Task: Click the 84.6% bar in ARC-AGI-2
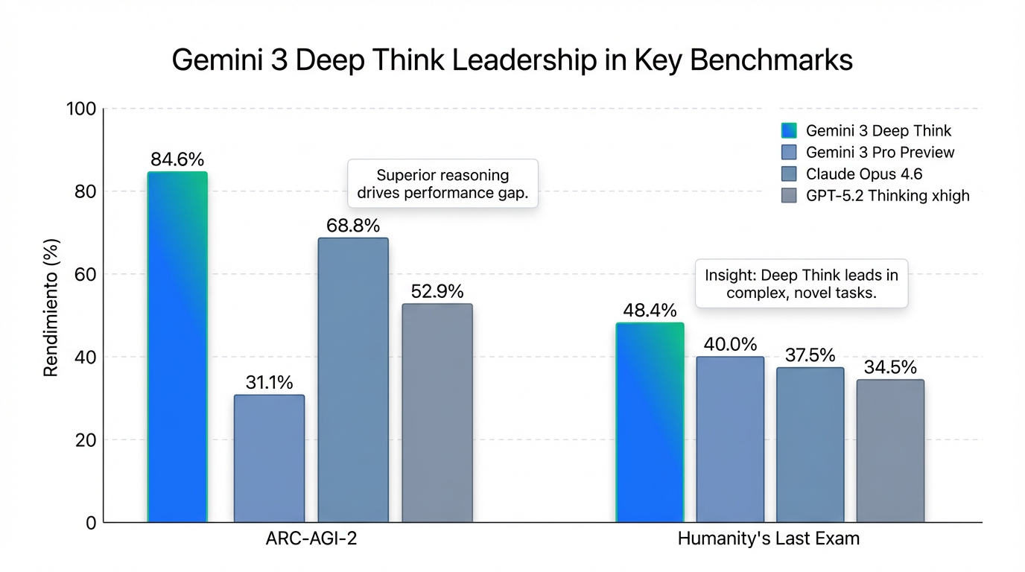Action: coord(177,346)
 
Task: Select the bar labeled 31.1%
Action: coord(269,458)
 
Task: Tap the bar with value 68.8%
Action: coord(353,380)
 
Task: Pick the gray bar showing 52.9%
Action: coord(437,413)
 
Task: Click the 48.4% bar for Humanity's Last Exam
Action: coord(650,422)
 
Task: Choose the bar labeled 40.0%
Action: coord(730,439)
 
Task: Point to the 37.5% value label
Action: coord(810,355)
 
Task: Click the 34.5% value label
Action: coord(890,368)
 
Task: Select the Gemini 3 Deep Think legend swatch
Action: coord(789,131)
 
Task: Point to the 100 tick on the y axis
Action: coord(81,109)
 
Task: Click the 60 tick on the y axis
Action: coord(86,274)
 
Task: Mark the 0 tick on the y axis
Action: coord(91,523)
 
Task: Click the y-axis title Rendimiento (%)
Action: coord(51,308)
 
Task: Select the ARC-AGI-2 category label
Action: coord(311,538)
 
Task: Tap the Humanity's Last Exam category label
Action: coord(768,538)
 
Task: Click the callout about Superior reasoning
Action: coord(442,184)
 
